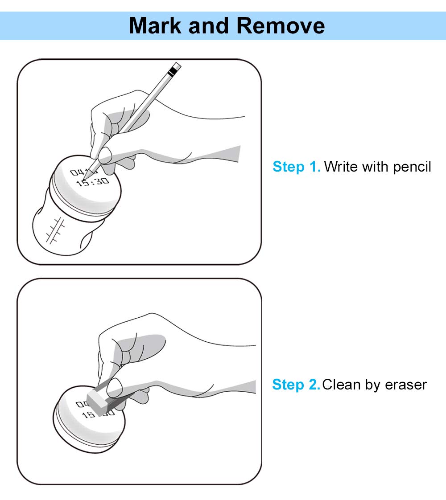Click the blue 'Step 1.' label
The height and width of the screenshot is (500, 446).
click(x=297, y=167)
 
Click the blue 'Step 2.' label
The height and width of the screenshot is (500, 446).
click(x=296, y=385)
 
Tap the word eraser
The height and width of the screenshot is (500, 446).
click(x=406, y=385)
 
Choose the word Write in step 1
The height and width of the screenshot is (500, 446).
click(x=341, y=167)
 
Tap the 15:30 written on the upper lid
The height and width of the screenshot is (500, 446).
click(x=92, y=182)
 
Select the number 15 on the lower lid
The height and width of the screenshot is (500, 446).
click(x=88, y=415)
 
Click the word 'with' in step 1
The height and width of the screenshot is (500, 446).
click(x=376, y=167)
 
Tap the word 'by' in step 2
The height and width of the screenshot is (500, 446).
click(x=373, y=385)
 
